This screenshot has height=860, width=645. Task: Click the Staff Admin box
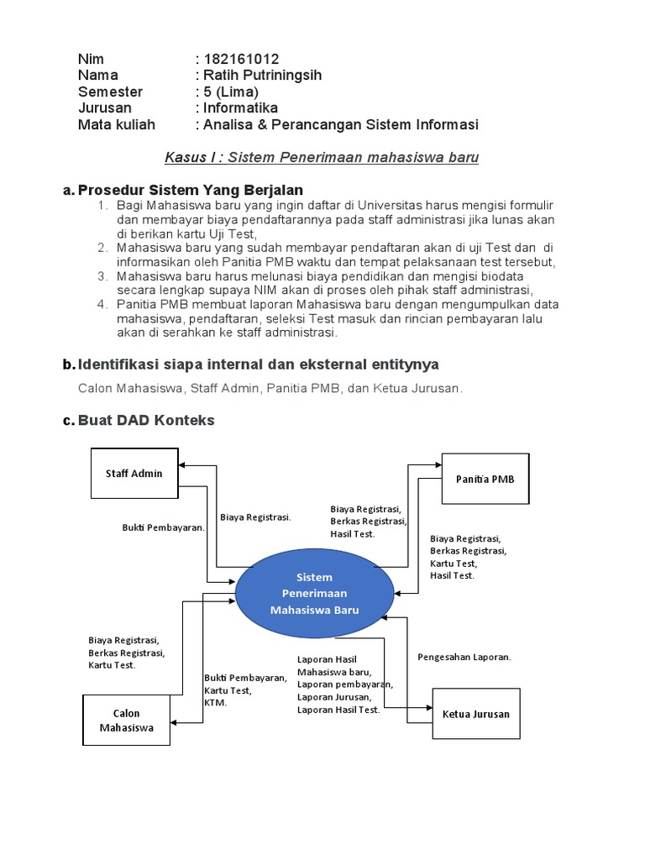point(134,474)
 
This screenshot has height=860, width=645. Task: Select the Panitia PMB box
point(485,479)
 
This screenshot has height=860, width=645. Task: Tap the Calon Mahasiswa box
point(126,721)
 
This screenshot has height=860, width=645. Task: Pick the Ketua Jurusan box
point(475,714)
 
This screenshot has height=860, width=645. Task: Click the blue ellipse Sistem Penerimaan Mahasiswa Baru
point(314,594)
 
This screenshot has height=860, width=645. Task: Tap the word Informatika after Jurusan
point(239,108)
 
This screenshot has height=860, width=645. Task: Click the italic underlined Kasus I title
point(322,158)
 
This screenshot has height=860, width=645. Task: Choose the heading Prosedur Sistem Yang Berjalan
point(190,191)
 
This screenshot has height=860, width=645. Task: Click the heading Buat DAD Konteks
point(146,420)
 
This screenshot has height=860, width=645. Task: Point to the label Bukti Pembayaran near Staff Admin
point(164,527)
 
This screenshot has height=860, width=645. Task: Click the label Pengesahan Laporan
point(464,657)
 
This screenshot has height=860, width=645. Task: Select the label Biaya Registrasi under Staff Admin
point(255,517)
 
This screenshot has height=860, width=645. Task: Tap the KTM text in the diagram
point(215,703)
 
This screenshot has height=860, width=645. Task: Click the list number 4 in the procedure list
point(102,304)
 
